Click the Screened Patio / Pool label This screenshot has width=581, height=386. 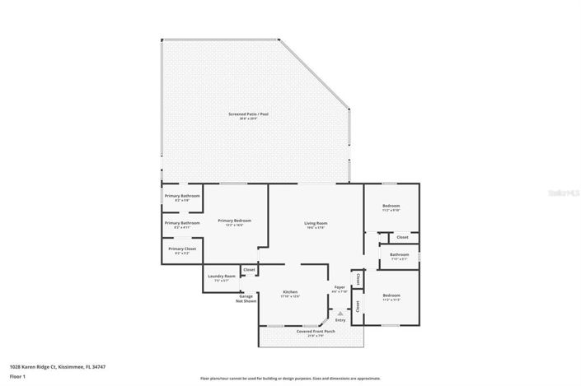click(x=243, y=114)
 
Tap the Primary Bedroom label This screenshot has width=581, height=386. click(x=234, y=221)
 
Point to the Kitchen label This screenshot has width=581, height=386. click(x=290, y=292)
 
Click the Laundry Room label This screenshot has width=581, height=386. click(x=222, y=276)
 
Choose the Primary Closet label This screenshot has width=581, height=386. click(x=181, y=249)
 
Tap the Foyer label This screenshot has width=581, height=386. click(x=339, y=286)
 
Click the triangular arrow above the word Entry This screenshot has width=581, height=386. click(x=339, y=313)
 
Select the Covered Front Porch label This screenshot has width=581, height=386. click(x=311, y=331)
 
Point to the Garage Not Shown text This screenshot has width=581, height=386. click(x=247, y=298)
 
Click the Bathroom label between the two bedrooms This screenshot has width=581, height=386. click(x=400, y=254)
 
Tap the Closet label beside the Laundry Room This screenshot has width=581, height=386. click(x=249, y=269)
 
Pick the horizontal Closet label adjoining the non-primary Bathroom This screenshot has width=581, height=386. click(x=402, y=237)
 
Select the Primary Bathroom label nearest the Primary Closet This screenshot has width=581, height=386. click(x=182, y=223)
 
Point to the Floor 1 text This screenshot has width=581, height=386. click(x=18, y=376)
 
